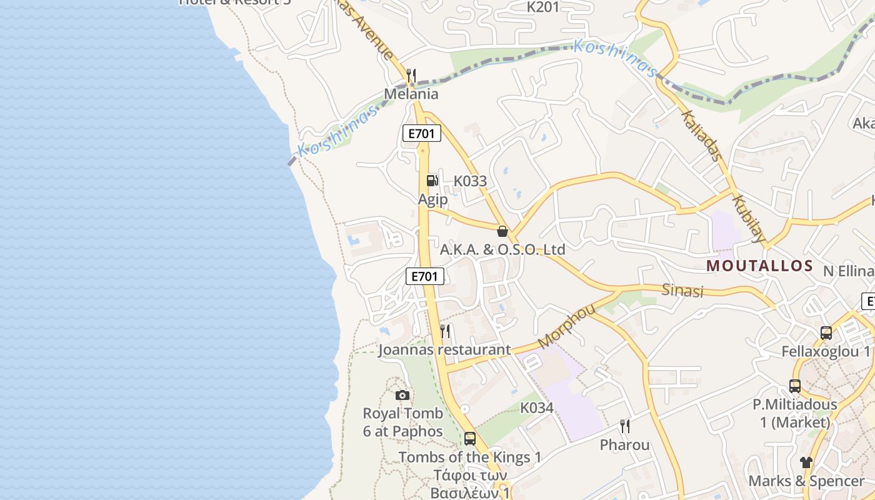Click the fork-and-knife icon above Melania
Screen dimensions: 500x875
[x=411, y=76]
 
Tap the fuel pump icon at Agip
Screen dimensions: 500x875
[x=432, y=181]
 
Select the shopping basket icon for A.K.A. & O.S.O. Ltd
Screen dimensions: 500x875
[x=502, y=231]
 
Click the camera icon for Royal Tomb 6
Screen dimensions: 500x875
[x=402, y=395]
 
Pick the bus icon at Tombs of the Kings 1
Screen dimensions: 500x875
[x=469, y=439]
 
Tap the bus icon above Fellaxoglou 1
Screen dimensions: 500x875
[x=826, y=333]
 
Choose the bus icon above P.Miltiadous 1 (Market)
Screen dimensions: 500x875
[x=794, y=386]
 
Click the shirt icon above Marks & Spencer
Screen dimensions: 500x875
[x=806, y=462]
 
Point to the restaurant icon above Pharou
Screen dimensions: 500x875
[x=624, y=426]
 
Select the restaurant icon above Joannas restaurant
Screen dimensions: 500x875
[x=444, y=331]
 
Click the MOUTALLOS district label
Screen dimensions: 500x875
[x=759, y=266]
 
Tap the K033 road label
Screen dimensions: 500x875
[x=470, y=181]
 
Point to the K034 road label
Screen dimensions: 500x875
[x=537, y=408]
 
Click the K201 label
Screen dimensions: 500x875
[x=543, y=7]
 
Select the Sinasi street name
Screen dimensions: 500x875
[x=682, y=291]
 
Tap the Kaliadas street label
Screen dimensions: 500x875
[x=701, y=136]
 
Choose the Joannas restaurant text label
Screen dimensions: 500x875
[x=444, y=350]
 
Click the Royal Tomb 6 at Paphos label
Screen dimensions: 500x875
[x=402, y=422]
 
